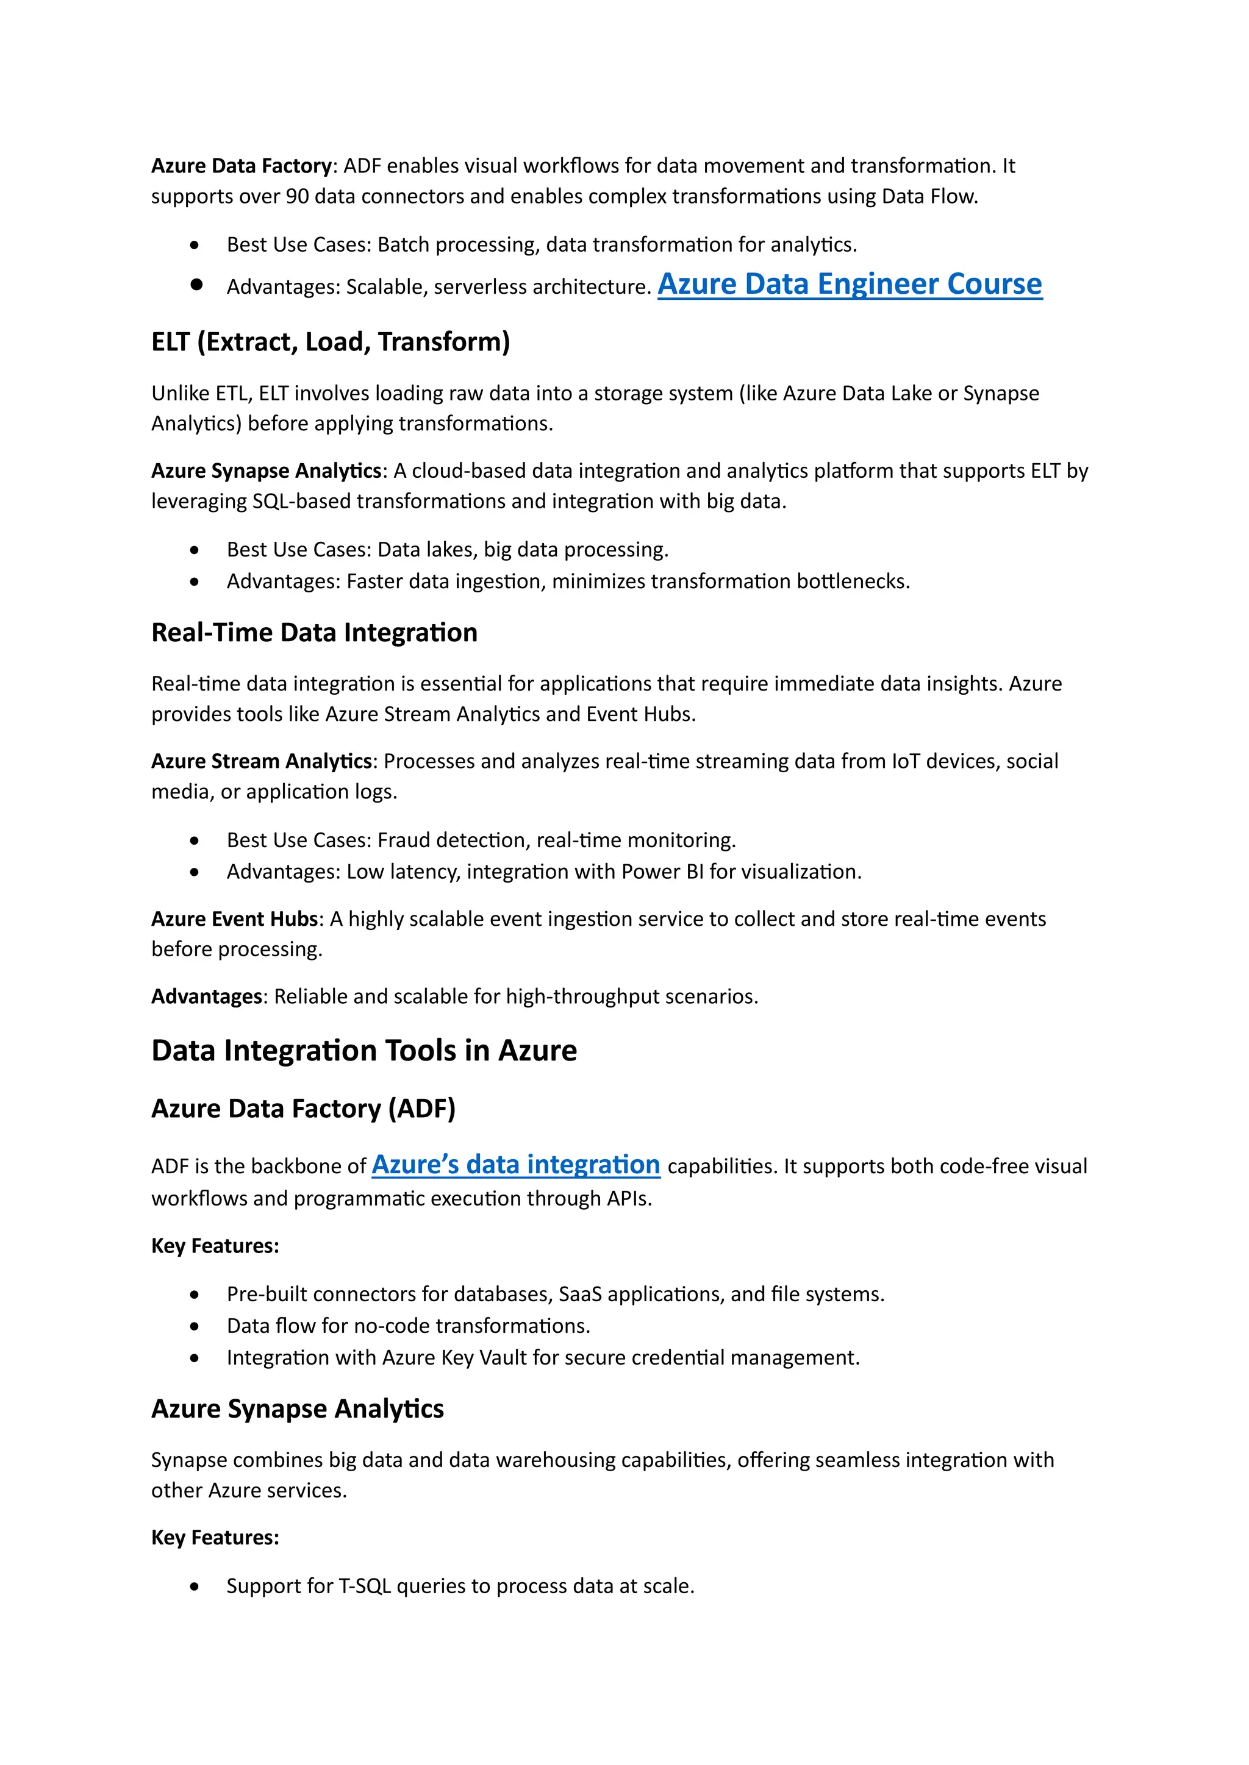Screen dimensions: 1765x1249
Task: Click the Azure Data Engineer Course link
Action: tap(849, 285)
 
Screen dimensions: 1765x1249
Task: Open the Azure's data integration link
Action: tap(515, 1165)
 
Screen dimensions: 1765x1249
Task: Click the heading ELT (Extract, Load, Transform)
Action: tap(331, 342)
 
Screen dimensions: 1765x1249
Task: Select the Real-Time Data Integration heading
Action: tap(314, 633)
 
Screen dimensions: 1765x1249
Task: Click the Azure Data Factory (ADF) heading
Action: tap(303, 1109)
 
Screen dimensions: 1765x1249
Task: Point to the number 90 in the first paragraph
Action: tap(297, 197)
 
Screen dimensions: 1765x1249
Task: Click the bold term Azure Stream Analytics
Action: tap(262, 761)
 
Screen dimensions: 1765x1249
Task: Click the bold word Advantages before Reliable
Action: tap(207, 996)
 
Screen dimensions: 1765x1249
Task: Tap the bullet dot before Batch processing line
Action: tap(195, 245)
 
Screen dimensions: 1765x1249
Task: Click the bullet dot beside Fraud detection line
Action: tap(195, 841)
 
